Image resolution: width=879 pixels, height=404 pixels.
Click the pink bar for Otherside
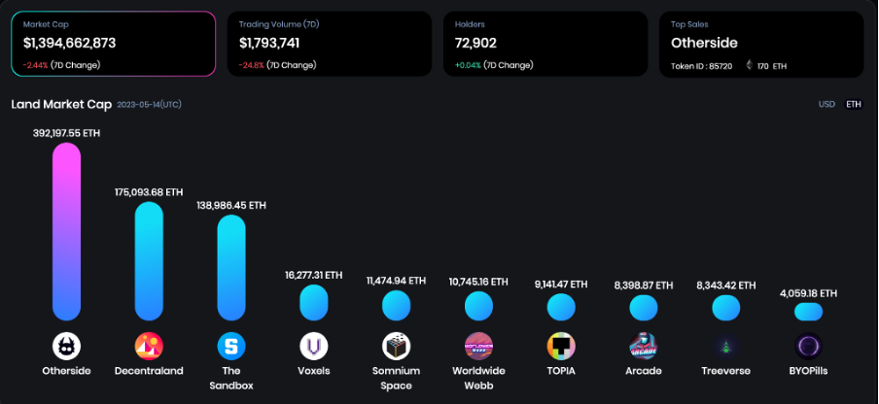(66, 231)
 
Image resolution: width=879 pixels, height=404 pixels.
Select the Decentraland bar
(149, 260)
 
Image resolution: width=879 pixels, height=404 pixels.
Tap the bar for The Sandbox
(230, 267)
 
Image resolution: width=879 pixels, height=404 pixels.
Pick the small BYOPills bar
(808, 312)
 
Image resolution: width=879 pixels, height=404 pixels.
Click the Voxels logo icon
(313, 346)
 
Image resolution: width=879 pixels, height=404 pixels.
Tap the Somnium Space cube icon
(396, 346)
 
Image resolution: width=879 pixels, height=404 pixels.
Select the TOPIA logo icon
(561, 346)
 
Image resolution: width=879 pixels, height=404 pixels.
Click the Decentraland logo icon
(149, 346)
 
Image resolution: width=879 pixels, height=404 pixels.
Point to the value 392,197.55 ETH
(66, 132)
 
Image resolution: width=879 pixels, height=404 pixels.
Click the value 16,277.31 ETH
(313, 275)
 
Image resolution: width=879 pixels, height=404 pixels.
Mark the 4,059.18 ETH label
(808, 292)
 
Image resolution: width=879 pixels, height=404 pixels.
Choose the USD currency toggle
(826, 104)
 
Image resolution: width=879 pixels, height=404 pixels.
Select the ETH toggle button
(853, 104)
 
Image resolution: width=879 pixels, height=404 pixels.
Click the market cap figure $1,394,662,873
(70, 43)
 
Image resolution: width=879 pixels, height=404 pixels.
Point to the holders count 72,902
(475, 43)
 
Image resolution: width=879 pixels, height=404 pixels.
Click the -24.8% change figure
(252, 65)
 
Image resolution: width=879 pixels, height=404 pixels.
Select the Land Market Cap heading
(61, 104)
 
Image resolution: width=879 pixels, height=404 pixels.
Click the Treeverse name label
(725, 371)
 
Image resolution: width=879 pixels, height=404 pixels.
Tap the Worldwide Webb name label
(478, 378)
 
